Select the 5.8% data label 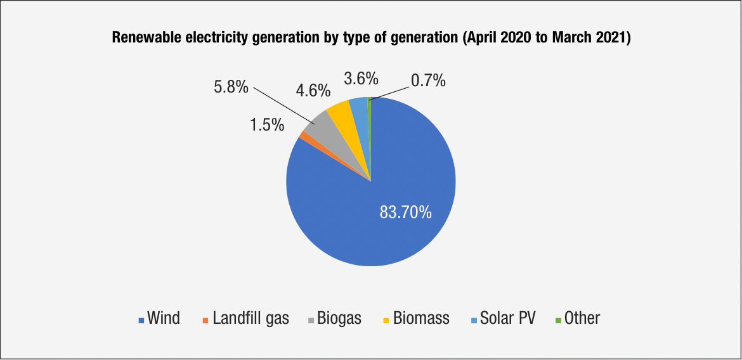(x=231, y=87)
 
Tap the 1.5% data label (x=266, y=125)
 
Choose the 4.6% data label (x=313, y=90)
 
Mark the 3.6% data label (x=361, y=79)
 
